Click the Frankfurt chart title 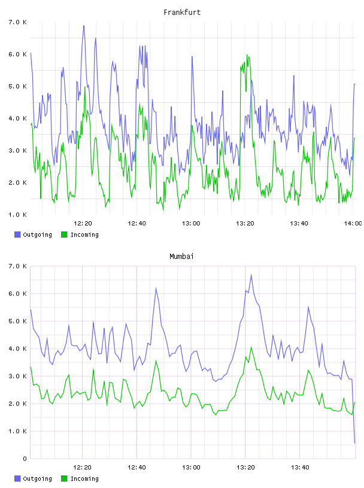pyautogui.click(x=182, y=12)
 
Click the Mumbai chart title pyautogui.click(x=181, y=256)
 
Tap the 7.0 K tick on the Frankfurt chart pyautogui.click(x=17, y=22)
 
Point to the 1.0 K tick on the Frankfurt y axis pyautogui.click(x=17, y=215)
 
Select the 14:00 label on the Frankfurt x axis pyautogui.click(x=353, y=223)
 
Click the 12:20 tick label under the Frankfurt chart pyautogui.click(x=83, y=223)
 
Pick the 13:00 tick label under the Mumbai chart pyautogui.click(x=191, y=467)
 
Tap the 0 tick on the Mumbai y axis pyautogui.click(x=25, y=459)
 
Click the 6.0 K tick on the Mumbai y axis pyautogui.click(x=17, y=294)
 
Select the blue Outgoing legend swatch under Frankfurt pyautogui.click(x=17, y=234)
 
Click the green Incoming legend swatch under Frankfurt pyautogui.click(x=64, y=234)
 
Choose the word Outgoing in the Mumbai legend pyautogui.click(x=37, y=478)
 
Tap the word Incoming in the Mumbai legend pyautogui.click(x=84, y=478)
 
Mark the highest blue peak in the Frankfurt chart pyautogui.click(x=84, y=26)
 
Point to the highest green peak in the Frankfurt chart pyautogui.click(x=247, y=55)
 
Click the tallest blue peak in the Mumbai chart pyautogui.click(x=251, y=275)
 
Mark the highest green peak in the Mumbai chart pyautogui.click(x=251, y=347)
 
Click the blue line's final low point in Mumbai pyautogui.click(x=354, y=443)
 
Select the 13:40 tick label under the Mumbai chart pyautogui.click(x=300, y=467)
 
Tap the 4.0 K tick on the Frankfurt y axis pyautogui.click(x=17, y=118)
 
